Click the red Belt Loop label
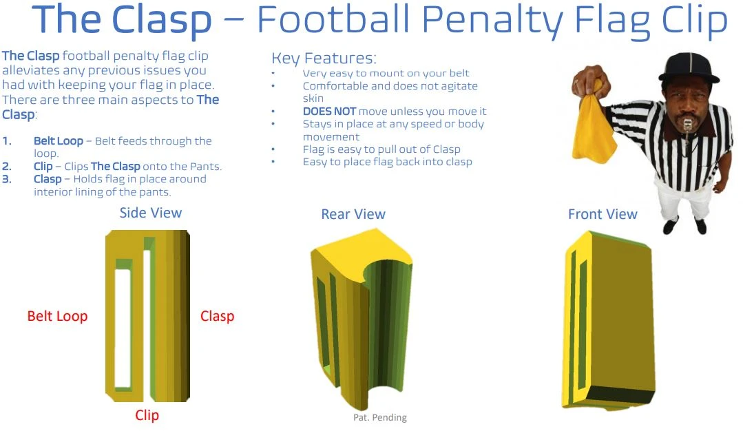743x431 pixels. click(x=57, y=317)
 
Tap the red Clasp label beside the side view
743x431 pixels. click(x=217, y=317)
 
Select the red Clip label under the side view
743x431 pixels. click(x=147, y=415)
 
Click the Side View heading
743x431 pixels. click(x=151, y=213)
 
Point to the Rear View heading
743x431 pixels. click(x=353, y=215)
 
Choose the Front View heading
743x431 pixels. click(x=603, y=215)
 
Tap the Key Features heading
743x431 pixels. click(x=324, y=58)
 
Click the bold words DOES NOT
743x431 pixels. click(x=329, y=112)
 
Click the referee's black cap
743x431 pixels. click(x=689, y=67)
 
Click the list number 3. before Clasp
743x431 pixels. click(x=7, y=179)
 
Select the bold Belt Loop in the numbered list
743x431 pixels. click(x=59, y=141)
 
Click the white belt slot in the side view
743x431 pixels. click(x=123, y=327)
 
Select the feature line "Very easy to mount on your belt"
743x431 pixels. click(x=386, y=73)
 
